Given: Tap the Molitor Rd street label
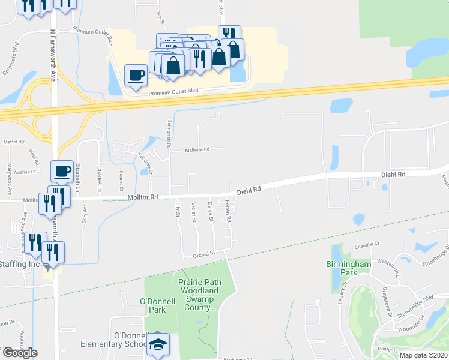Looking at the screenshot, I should (142, 197).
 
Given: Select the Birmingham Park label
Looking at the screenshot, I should (349, 268).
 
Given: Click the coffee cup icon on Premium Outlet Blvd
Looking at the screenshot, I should (136, 76).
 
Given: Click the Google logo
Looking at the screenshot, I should (20, 353).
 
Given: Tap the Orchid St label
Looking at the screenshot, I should (204, 254).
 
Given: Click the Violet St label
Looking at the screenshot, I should (194, 212).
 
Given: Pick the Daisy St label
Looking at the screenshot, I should (211, 212).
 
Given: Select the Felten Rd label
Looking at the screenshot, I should (228, 211).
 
